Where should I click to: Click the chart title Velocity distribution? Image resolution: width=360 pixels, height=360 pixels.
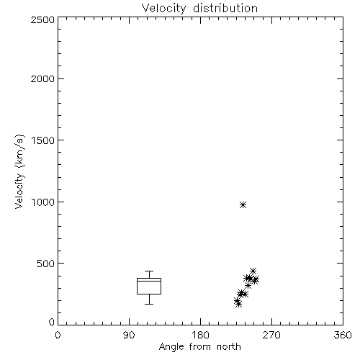pos(199,9)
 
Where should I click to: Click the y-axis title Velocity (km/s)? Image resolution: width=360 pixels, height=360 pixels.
pos(19,171)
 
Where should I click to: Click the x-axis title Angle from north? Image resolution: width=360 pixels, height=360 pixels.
pos(199,347)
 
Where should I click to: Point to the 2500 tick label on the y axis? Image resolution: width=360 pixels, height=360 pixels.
pos(42,19)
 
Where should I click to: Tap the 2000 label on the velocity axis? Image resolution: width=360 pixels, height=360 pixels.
pos(42,78)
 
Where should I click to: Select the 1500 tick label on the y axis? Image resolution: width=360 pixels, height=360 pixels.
pos(42,140)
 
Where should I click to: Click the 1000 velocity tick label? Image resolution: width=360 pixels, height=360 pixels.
pos(42,202)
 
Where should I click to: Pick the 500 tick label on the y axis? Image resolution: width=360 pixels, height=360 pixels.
pos(45,264)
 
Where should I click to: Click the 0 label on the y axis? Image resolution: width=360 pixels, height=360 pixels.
pos(52,322)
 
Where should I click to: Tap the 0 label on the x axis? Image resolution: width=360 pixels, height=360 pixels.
pos(58,335)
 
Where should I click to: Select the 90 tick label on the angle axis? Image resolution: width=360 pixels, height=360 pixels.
pos(129,335)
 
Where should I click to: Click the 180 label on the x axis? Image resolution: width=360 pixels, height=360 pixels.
pos(200,335)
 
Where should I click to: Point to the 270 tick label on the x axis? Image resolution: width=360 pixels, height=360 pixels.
pos(271,335)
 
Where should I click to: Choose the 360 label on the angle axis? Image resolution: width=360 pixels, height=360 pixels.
pos(343,335)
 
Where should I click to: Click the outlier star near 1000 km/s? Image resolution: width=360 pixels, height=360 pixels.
pos(243,204)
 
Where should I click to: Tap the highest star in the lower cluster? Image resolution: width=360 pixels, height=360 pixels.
pos(253,271)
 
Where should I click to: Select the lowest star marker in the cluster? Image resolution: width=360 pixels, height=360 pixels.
pos(238,305)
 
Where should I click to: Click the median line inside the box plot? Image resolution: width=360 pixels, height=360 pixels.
pos(149,281)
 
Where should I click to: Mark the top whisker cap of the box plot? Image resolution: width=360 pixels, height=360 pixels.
pos(149,271)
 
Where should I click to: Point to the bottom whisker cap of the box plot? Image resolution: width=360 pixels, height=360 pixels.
pos(149,304)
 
